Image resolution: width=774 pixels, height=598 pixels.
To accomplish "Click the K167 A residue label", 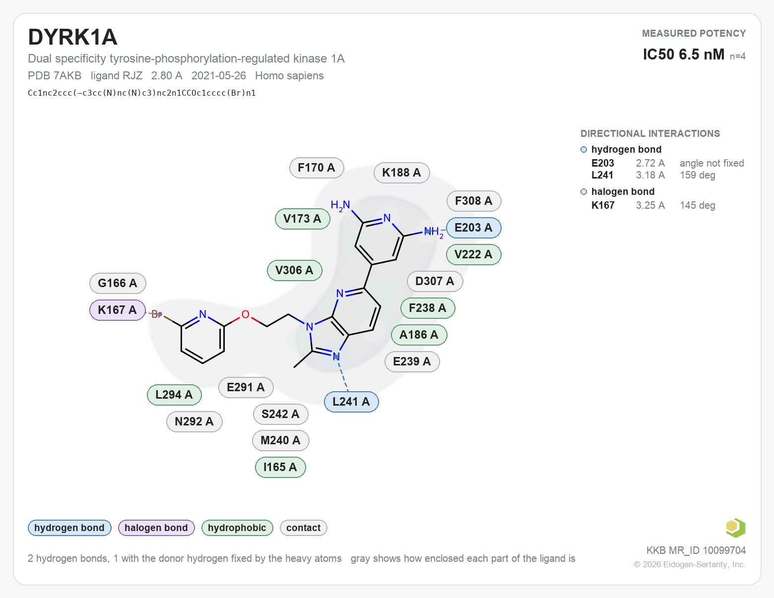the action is tap(117, 310).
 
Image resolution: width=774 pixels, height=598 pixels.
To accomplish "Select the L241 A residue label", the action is tap(351, 402).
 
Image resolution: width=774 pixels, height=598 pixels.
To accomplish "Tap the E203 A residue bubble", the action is tap(473, 228).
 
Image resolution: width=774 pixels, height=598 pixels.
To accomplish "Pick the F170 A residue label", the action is tap(316, 168).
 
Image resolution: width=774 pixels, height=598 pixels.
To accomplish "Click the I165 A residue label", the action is tap(280, 468).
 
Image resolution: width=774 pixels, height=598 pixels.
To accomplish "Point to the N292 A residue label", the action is tap(194, 422).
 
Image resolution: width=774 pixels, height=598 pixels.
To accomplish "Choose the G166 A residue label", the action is tap(118, 283).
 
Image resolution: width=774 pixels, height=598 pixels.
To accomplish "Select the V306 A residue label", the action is tap(295, 271).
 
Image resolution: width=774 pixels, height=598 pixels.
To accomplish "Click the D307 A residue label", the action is tap(435, 282).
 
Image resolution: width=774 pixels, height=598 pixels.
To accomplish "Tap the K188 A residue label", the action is tap(401, 173).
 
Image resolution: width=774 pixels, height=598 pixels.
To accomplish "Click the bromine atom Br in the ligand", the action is tap(156, 314).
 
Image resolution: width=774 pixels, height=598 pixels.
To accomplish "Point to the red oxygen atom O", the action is tap(246, 315).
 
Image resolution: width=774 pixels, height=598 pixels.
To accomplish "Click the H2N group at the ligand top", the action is tap(340, 205).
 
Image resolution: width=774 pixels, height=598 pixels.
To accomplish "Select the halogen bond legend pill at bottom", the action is tap(156, 528).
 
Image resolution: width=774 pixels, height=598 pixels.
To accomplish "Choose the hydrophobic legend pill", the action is tap(237, 528).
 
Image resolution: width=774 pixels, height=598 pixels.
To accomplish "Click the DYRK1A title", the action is tap(72, 37).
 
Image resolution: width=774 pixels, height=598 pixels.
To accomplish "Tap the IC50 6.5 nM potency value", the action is tap(684, 55).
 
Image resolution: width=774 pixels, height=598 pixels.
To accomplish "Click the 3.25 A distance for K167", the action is tap(650, 205).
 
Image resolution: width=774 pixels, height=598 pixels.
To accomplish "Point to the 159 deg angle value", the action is tap(698, 175).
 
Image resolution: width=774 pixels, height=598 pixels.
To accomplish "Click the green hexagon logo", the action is tap(735, 528).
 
